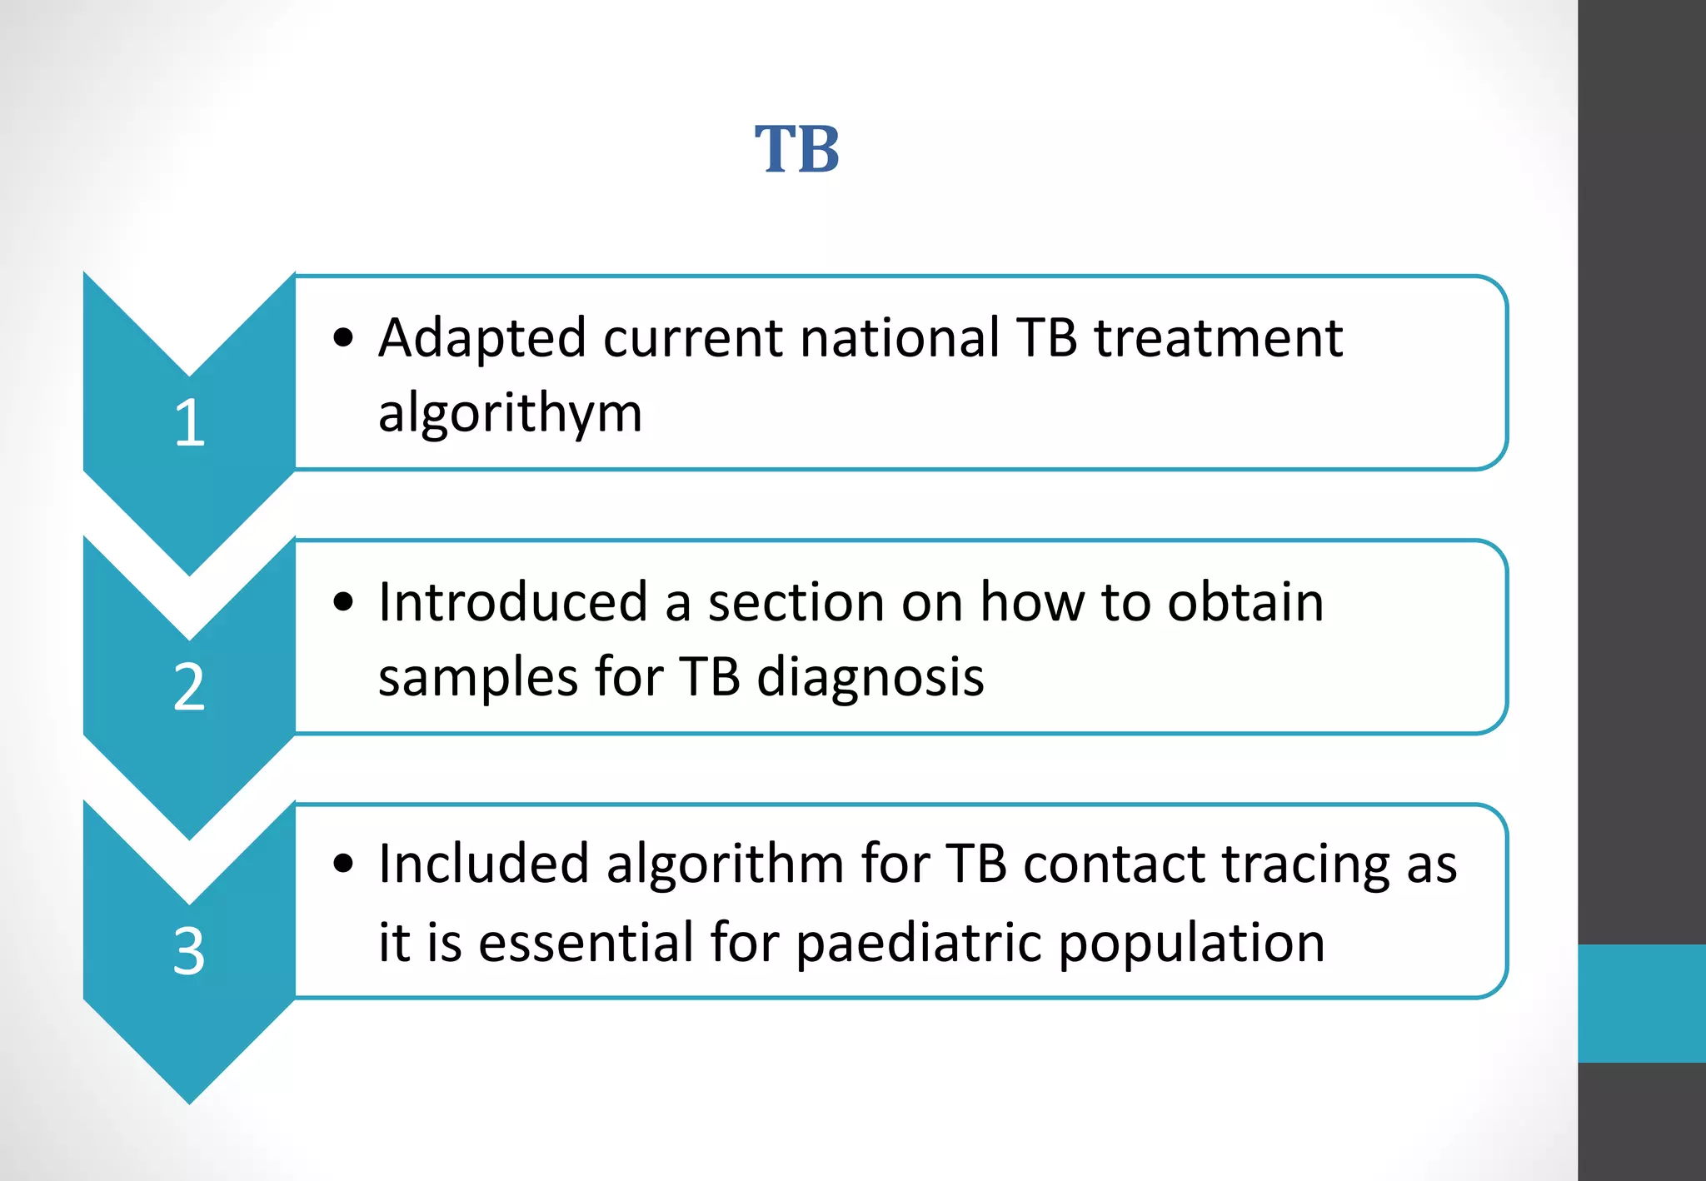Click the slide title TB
coord(797,150)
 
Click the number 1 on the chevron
coord(190,423)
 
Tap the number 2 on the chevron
coord(189,687)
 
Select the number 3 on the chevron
coord(189,951)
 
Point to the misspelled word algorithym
coord(510,414)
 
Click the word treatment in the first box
coord(1218,339)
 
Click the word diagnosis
coord(870,677)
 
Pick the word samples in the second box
coord(478,677)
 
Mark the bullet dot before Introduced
coord(343,602)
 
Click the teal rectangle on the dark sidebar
coord(1641,1003)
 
